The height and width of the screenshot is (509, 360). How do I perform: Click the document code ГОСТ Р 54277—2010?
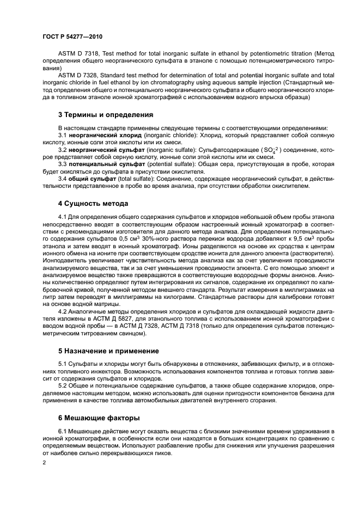(x=72, y=37)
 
